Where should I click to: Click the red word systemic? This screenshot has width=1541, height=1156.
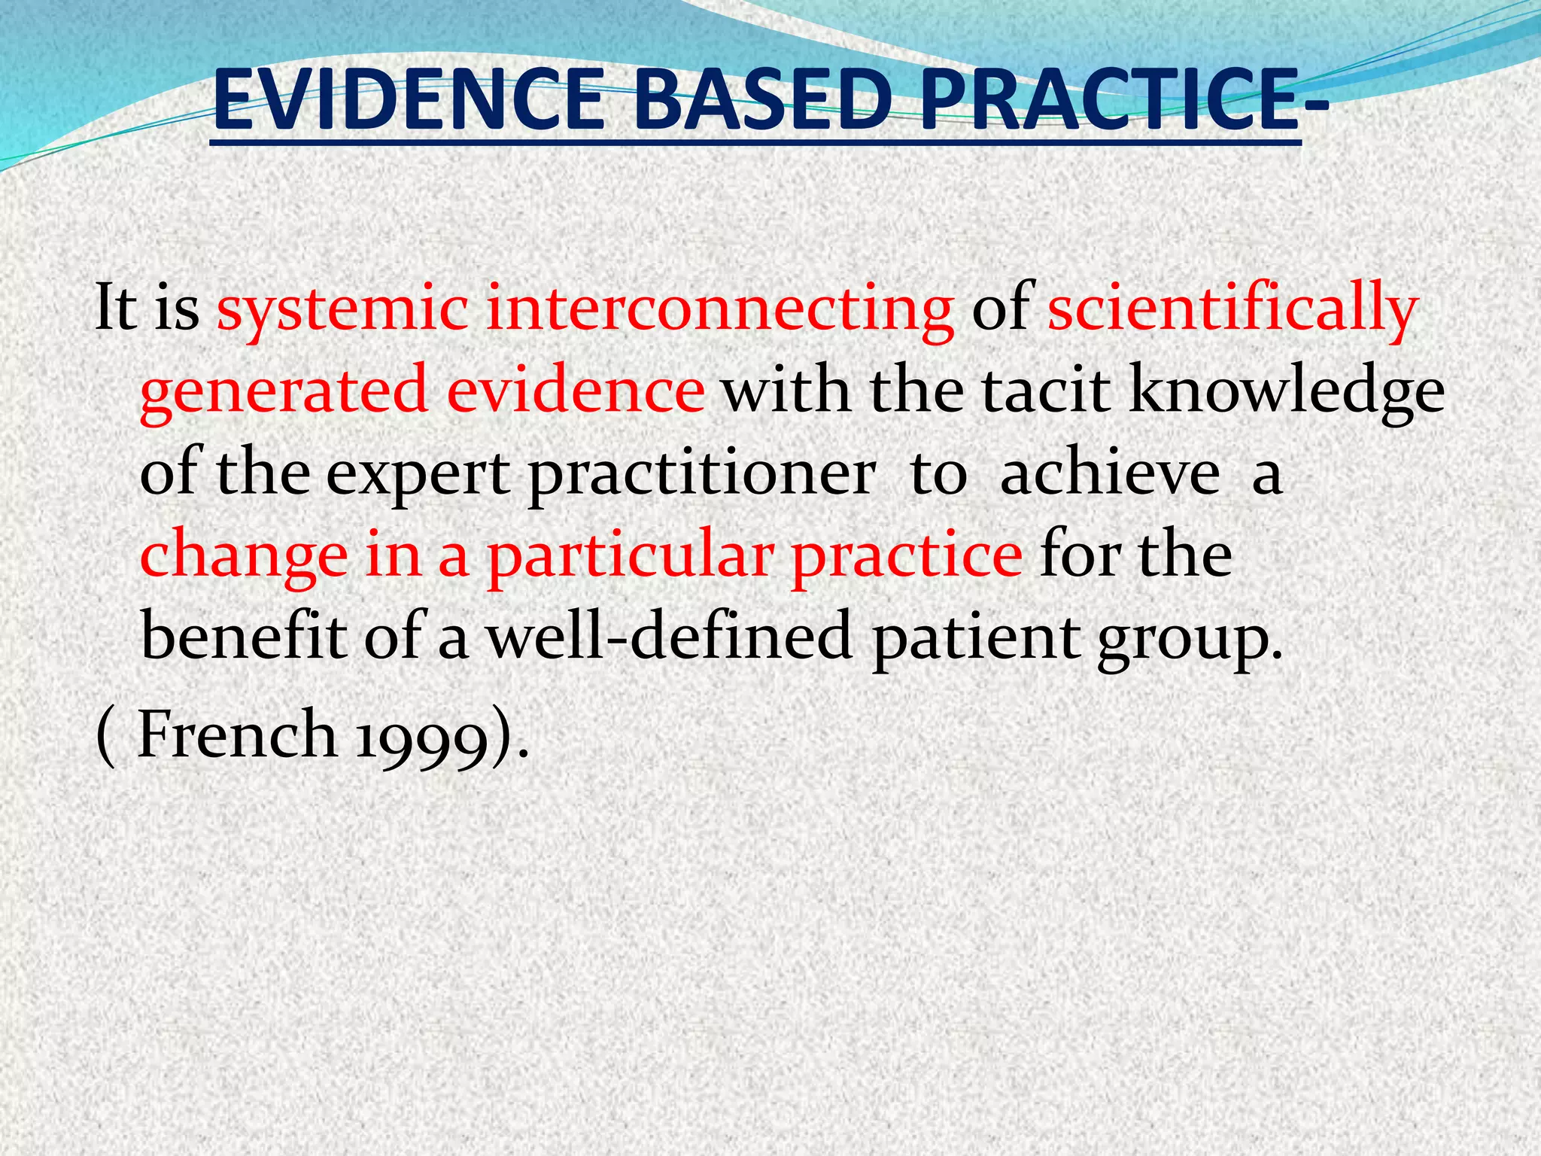click(343, 309)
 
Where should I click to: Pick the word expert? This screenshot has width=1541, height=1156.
click(418, 474)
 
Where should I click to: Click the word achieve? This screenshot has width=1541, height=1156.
click(1110, 474)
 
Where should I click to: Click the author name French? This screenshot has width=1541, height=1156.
click(237, 735)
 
